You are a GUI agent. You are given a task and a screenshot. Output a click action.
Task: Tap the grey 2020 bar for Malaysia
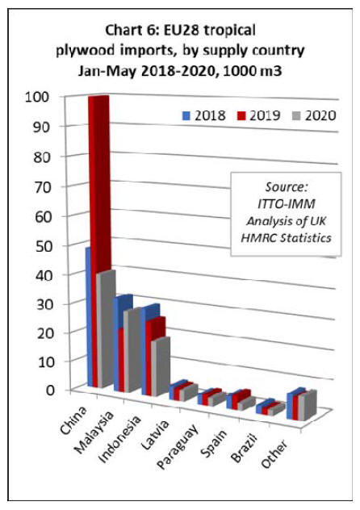132,349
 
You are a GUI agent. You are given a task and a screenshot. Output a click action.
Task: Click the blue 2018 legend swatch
186,115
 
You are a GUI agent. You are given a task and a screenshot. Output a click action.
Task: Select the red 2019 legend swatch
241,115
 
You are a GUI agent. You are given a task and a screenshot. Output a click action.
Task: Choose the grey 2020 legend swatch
296,115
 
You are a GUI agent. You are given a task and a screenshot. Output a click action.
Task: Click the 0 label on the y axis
50,390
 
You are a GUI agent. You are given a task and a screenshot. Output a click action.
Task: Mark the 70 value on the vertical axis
43,186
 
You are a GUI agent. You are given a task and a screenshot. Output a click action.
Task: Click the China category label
73,420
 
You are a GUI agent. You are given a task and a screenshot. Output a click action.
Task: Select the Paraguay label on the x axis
178,446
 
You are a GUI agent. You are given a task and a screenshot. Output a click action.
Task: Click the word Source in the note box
287,187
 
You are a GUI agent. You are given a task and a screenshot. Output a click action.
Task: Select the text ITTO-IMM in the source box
287,204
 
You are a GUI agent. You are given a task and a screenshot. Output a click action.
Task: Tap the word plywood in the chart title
86,51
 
